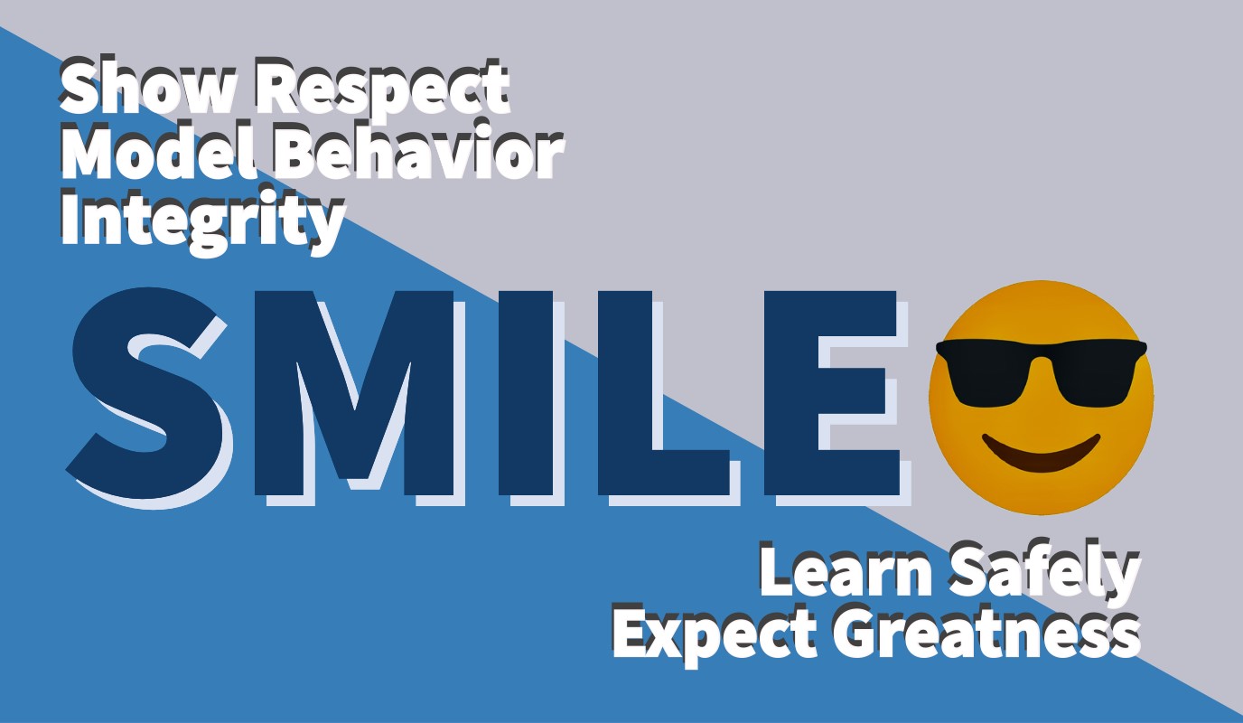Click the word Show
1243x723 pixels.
coord(146,86)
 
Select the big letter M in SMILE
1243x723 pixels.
coord(355,393)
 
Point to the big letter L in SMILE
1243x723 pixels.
coord(663,393)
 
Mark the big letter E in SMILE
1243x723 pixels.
coord(831,393)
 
